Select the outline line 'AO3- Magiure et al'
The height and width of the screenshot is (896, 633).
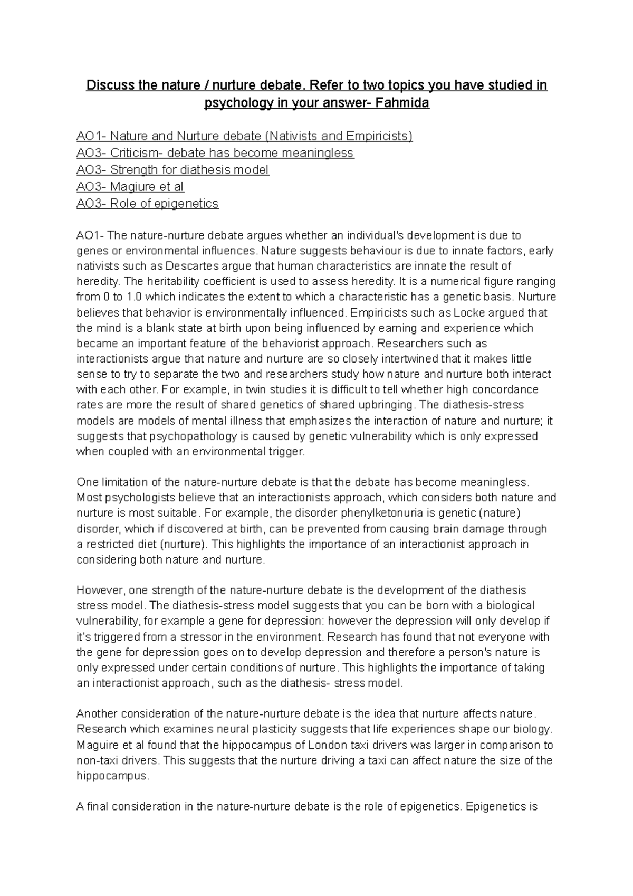130,187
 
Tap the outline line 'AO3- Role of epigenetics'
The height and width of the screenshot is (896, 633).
147,204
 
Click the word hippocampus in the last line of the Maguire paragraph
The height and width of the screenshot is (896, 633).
112,776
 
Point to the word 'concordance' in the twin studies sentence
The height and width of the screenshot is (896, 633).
509,390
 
